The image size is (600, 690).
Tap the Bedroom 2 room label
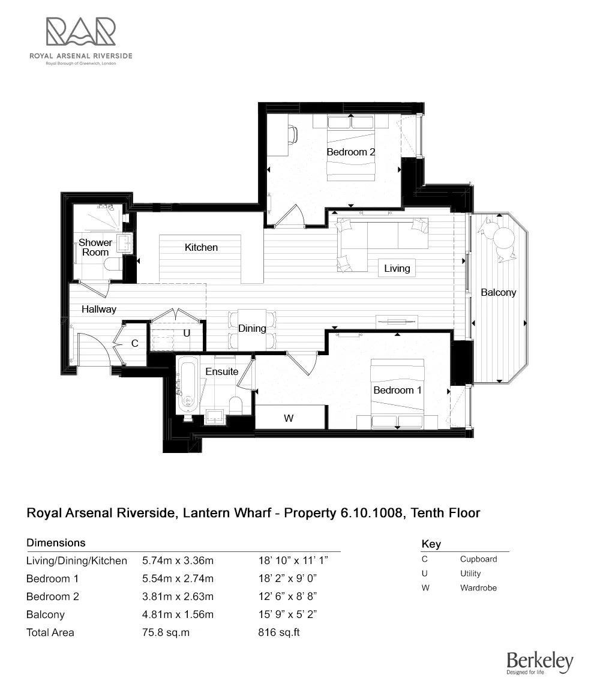(x=350, y=152)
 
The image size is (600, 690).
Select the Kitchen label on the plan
(x=201, y=247)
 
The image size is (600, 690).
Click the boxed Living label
(x=397, y=268)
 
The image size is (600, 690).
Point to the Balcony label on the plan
(x=498, y=292)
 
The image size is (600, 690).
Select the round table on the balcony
(x=503, y=238)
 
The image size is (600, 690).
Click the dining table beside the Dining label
(x=252, y=329)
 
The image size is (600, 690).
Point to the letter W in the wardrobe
(x=289, y=418)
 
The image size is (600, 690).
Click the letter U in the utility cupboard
(x=187, y=332)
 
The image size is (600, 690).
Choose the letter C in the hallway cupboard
(x=135, y=343)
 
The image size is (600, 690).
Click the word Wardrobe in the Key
(x=478, y=588)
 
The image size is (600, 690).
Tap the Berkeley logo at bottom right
(x=539, y=663)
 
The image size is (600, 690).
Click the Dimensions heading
(x=56, y=542)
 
